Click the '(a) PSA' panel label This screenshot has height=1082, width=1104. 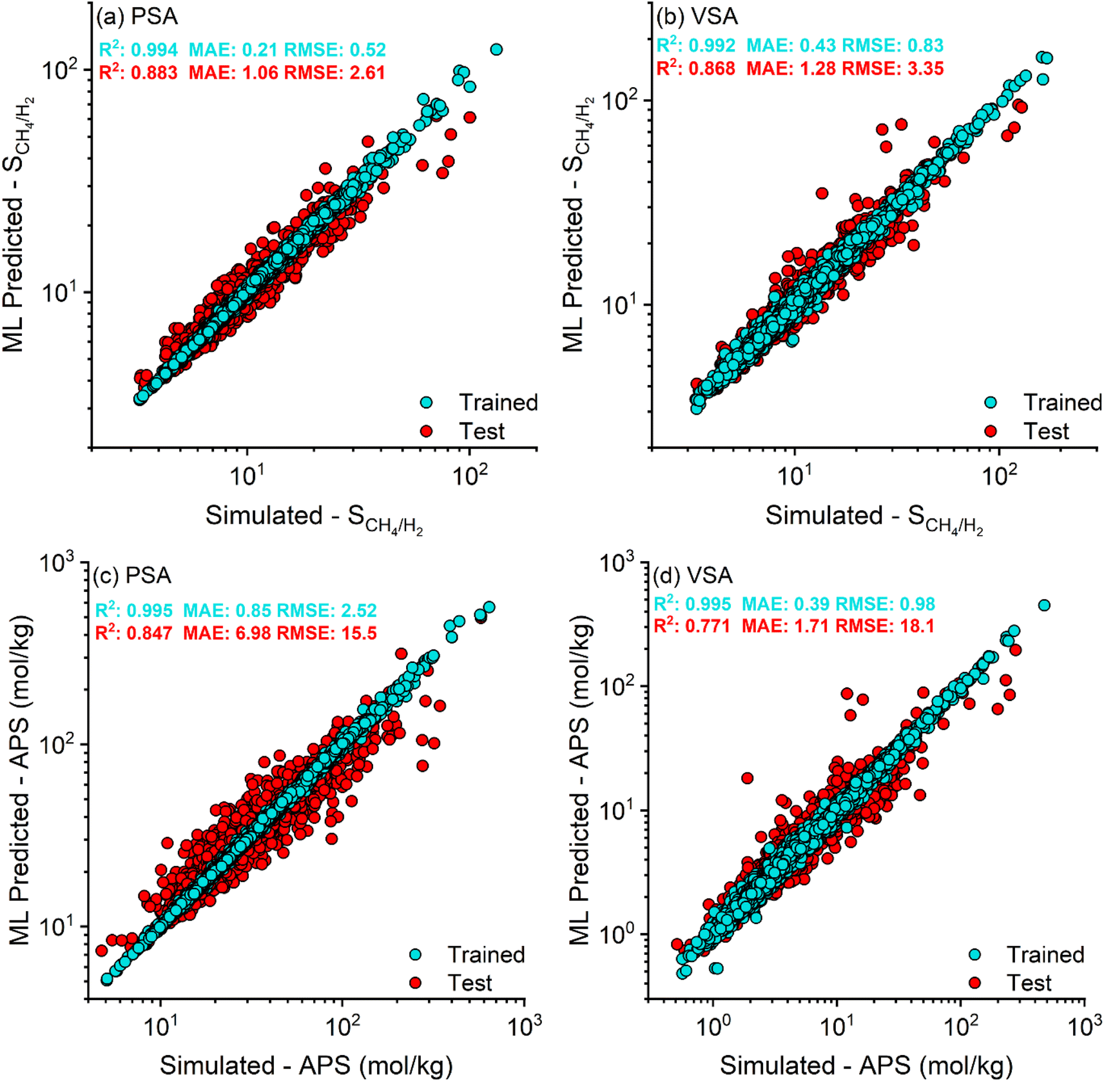click(137, 17)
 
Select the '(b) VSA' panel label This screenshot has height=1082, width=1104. click(697, 17)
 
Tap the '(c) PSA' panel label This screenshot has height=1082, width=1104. click(132, 575)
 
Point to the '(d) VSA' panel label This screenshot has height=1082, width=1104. click(692, 575)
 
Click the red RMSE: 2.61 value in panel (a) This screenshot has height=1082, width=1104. click(334, 72)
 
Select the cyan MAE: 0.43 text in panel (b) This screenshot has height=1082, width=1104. click(791, 46)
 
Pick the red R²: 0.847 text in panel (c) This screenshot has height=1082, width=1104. click(134, 633)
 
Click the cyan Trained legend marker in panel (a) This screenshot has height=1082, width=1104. click(426, 402)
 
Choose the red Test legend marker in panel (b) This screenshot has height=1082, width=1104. click(991, 431)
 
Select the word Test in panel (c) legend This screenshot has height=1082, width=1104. click(470, 983)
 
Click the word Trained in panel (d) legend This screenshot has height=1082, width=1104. click(1045, 954)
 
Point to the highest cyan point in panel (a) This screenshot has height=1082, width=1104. click(496, 50)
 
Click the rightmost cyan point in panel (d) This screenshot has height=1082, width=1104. click(1044, 605)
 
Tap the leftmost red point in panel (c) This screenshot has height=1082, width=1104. click(101, 950)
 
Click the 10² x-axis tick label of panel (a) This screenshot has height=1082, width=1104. click(470, 476)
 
